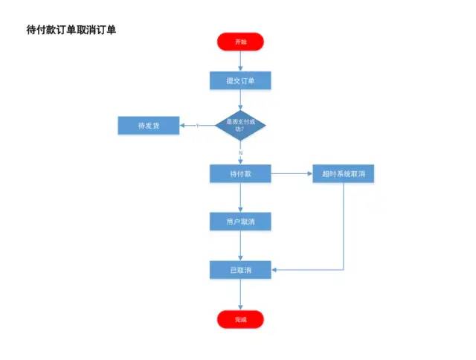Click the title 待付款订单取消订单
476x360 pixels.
[x=71, y=30]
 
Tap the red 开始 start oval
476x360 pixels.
[x=240, y=42]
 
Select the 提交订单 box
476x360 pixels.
[x=240, y=80]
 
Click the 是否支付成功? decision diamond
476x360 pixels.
[x=240, y=124]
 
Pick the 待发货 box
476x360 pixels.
[x=149, y=126]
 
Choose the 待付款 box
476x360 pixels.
[x=240, y=174]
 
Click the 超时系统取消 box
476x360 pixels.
[x=343, y=174]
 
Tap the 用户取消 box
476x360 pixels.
[x=240, y=222]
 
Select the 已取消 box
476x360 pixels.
[x=240, y=270]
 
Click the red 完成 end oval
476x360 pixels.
[x=240, y=319]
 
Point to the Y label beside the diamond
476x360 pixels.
[x=198, y=126]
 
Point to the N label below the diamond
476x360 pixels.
[x=240, y=152]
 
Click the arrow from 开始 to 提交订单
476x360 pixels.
[x=240, y=61]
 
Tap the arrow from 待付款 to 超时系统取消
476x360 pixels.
[x=291, y=174]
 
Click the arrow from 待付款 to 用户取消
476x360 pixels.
[x=240, y=198]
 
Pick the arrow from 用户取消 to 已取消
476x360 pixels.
[x=240, y=245]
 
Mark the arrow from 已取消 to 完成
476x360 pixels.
[x=240, y=295]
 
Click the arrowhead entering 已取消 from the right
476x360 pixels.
[x=274, y=270]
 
